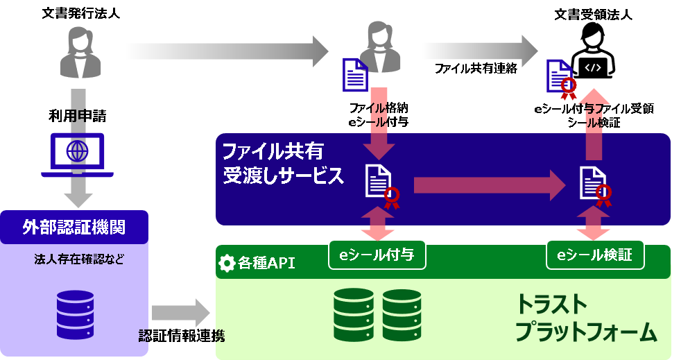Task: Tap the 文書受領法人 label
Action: pyautogui.click(x=593, y=12)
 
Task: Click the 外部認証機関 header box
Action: pyautogui.click(x=74, y=227)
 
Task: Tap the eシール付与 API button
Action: pyautogui.click(x=377, y=255)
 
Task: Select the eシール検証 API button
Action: pyautogui.click(x=595, y=255)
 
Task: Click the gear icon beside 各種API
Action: pyautogui.click(x=226, y=264)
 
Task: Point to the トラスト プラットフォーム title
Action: pyautogui.click(x=585, y=318)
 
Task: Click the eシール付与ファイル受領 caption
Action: pyautogui.click(x=593, y=109)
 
